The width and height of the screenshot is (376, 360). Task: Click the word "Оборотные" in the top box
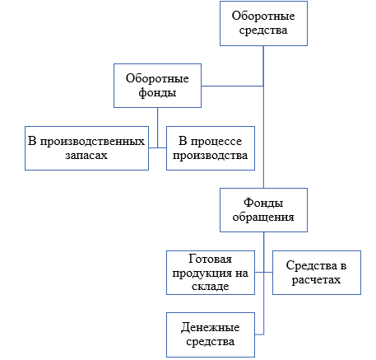[x=263, y=16]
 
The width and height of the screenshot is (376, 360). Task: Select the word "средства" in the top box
[x=263, y=30]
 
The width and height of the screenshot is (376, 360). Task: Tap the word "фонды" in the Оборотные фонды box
[x=157, y=92]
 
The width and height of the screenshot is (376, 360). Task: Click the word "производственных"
[x=92, y=142]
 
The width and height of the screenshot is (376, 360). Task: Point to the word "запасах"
[x=86, y=156]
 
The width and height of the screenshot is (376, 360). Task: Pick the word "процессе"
[x=216, y=142]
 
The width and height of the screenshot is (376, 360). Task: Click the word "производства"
[x=210, y=156]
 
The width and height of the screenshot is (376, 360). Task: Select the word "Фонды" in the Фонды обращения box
[x=263, y=203]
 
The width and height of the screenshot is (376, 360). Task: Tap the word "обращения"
[x=263, y=217]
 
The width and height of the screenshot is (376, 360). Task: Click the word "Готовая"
[x=210, y=259]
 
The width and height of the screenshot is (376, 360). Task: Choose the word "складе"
[x=210, y=287]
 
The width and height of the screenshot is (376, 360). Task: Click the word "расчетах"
[x=316, y=280]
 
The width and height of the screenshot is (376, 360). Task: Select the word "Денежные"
[x=210, y=328]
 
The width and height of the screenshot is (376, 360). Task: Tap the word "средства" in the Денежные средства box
[x=210, y=342]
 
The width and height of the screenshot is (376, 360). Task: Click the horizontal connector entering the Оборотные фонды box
[x=233, y=86]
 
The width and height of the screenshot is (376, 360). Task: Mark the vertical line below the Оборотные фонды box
[x=157, y=128]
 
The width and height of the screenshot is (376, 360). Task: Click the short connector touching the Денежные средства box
[x=259, y=334]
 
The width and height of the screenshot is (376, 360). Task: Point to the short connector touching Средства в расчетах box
[x=268, y=273]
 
